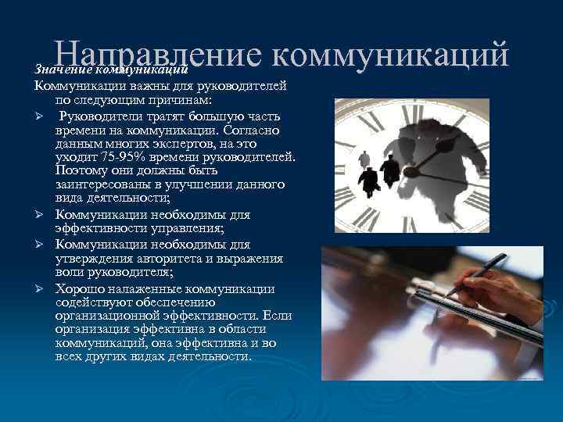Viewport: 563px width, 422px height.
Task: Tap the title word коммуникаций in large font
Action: tap(392, 55)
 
